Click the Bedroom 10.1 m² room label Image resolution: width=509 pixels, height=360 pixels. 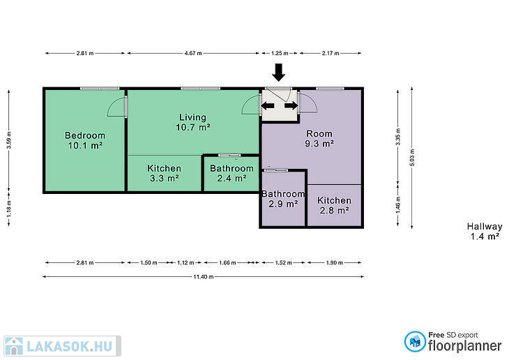[85, 140]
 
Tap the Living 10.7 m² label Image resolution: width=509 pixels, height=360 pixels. [193, 122]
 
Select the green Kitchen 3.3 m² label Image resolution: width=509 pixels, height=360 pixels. [165, 173]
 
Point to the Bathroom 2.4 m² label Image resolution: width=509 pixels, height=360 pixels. [231, 173]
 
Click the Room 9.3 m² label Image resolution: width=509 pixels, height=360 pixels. [319, 138]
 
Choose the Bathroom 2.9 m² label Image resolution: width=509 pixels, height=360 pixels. [283, 199]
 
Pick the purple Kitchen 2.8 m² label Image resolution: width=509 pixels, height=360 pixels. [335, 205]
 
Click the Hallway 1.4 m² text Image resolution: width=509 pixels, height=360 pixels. [485, 232]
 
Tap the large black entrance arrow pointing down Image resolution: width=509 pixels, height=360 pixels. [278, 73]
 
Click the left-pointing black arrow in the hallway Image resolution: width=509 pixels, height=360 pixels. [268, 105]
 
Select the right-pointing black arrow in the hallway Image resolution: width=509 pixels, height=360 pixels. [291, 105]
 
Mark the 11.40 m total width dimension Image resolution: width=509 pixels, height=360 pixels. [204, 277]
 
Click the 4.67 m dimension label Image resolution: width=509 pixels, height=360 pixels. [193, 53]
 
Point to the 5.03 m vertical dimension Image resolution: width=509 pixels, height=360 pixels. [412, 158]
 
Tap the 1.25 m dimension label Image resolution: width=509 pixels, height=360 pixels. [280, 53]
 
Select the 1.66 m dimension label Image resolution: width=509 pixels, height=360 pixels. [227, 262]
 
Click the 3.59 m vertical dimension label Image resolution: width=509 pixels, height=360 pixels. [9, 140]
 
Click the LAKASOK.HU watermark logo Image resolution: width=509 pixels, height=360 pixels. [62, 346]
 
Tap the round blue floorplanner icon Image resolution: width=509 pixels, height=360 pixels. [415, 341]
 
